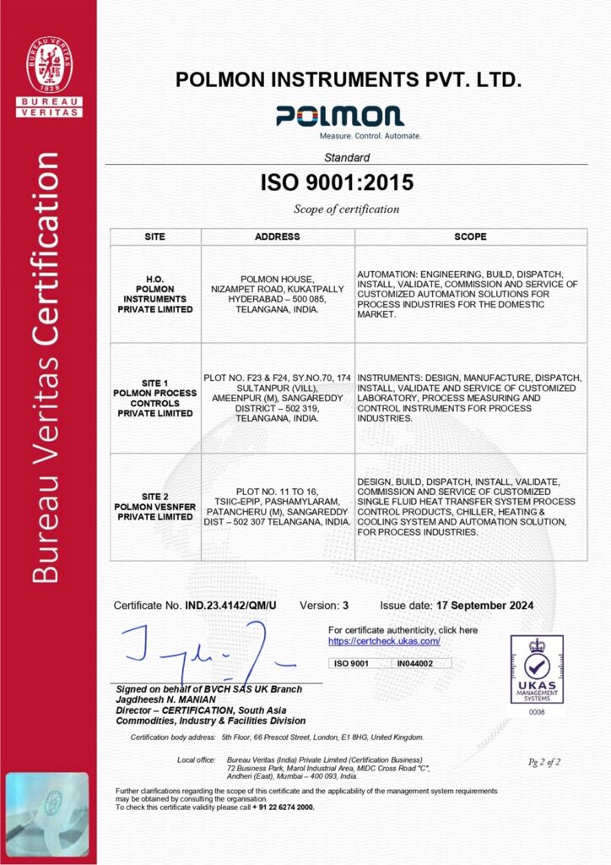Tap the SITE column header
pyautogui.click(x=155, y=237)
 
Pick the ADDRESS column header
pyautogui.click(x=277, y=237)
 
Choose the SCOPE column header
pyautogui.click(x=470, y=237)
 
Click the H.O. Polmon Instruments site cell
pyautogui.click(x=155, y=294)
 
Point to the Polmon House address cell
pyautogui.click(x=277, y=294)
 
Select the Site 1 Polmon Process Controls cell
pyautogui.click(x=155, y=398)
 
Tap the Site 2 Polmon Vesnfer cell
pyautogui.click(x=155, y=506)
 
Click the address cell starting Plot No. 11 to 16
pyautogui.click(x=277, y=506)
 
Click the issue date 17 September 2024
pyautogui.click(x=484, y=606)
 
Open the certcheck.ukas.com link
pyautogui.click(x=384, y=641)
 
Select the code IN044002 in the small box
pyautogui.click(x=415, y=664)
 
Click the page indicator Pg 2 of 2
pyautogui.click(x=543, y=762)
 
